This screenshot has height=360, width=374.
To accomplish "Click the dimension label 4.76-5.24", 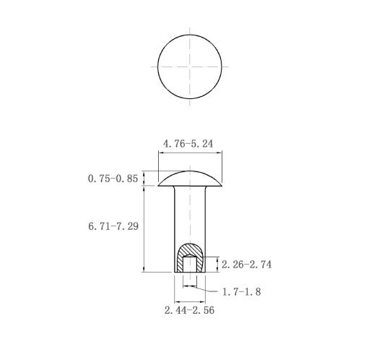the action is (x=188, y=144).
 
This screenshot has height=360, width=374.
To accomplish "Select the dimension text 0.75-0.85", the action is (x=113, y=179).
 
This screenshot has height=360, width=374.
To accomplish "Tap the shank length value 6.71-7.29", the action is (x=113, y=226).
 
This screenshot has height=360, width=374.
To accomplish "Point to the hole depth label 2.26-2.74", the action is (x=246, y=265).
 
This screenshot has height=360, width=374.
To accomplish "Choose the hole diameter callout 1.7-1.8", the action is (x=241, y=292).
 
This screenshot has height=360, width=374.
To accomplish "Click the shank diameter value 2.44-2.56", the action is (x=189, y=310).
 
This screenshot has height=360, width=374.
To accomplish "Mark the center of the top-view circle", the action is (x=190, y=67).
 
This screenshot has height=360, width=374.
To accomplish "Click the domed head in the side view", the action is (x=190, y=179).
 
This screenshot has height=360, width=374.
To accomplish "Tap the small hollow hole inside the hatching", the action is (x=190, y=264).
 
